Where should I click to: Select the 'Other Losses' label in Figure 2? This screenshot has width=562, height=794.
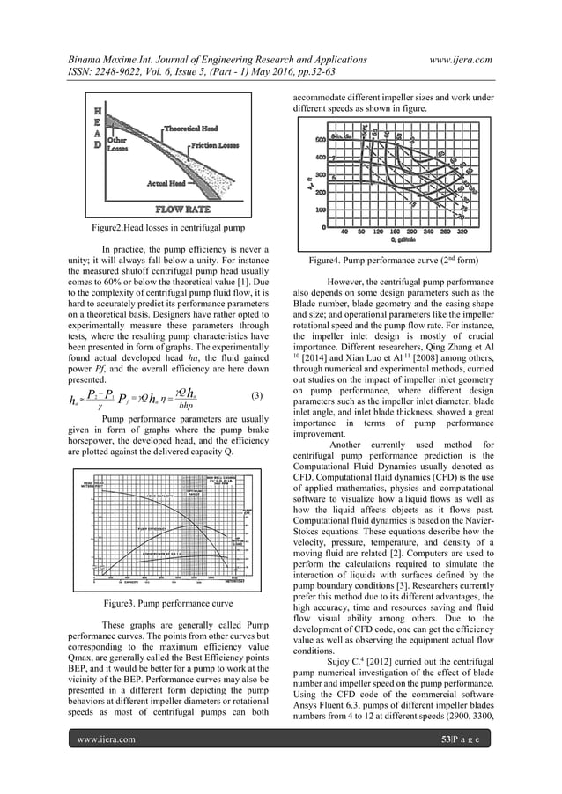point(116,144)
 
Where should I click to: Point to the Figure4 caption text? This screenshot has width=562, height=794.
point(397,262)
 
